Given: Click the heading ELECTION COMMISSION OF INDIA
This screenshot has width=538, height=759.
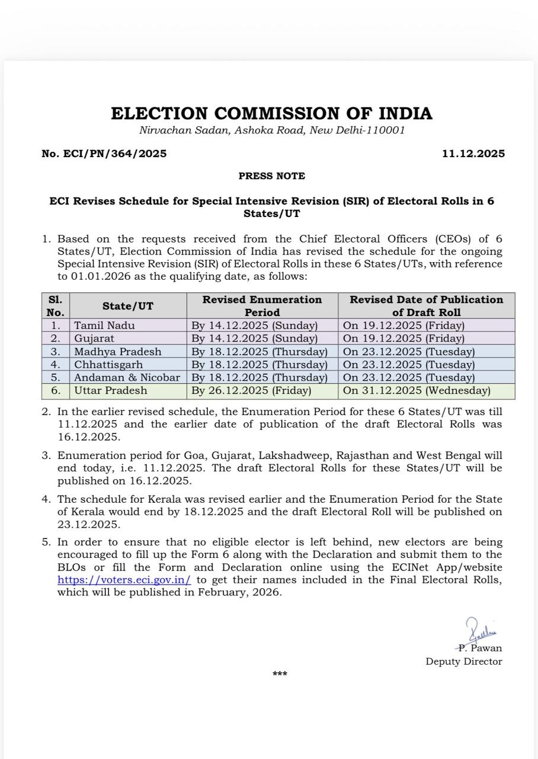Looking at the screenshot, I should (x=271, y=113).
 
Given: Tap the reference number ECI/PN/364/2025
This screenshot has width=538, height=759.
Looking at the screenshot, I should (x=104, y=154).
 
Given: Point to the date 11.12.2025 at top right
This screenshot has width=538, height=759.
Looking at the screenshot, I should (x=473, y=154).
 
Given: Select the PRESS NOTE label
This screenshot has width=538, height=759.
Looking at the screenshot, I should (x=271, y=176).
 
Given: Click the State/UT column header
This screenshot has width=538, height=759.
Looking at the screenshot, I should (x=127, y=306).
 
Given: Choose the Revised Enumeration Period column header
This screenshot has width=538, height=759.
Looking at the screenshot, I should (x=262, y=306).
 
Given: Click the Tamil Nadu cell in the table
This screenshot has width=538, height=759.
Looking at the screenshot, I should (x=104, y=326).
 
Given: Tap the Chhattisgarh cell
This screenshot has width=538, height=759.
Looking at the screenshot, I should (x=108, y=365).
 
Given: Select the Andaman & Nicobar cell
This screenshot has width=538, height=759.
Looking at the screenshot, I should (x=127, y=378).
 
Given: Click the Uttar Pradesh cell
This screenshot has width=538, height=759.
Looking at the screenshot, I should (x=111, y=391).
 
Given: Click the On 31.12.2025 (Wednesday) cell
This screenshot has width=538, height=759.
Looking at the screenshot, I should (x=417, y=391).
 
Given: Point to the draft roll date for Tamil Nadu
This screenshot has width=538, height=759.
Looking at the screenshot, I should (x=404, y=326).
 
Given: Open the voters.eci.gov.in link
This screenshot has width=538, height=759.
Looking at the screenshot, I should (x=124, y=580).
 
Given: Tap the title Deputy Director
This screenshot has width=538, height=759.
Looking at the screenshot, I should (x=463, y=661).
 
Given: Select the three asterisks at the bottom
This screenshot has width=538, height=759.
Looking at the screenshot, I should (x=280, y=674).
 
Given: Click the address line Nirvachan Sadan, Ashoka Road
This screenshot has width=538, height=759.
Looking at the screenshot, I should (x=271, y=130).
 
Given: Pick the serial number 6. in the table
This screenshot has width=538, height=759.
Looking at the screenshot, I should (x=56, y=391).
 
